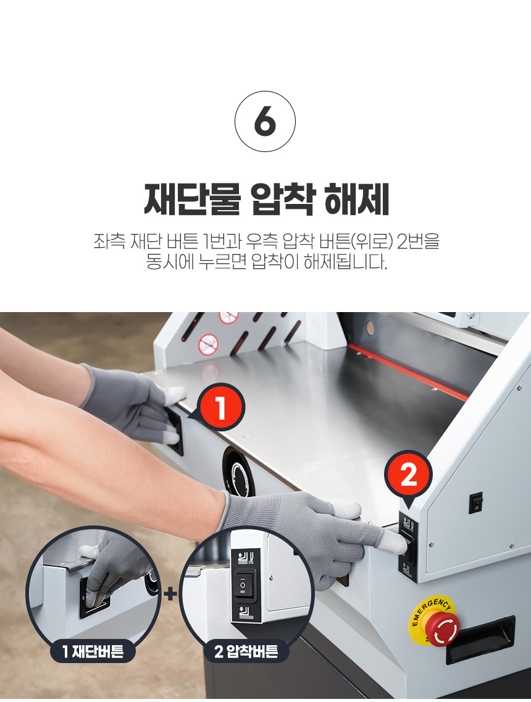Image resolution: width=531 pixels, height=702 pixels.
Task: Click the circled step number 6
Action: click(265, 121)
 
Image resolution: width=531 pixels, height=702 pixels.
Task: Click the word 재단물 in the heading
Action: click(193, 200)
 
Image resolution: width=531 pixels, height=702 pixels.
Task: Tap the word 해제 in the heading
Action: click(356, 200)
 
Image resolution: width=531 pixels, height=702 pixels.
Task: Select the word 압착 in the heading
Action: click(283, 200)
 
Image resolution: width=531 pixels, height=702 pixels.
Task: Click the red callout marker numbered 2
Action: click(408, 475)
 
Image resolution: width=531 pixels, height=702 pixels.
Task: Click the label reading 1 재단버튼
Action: click(93, 651)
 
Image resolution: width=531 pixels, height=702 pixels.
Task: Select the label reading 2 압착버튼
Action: click(246, 651)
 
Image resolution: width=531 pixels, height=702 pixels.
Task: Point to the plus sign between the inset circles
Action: click(170, 594)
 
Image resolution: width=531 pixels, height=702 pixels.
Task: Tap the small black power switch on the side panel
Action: click(476, 503)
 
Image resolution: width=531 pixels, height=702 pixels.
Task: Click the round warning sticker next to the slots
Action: click(209, 344)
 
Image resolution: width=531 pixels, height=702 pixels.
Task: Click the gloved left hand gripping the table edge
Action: click(134, 402)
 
